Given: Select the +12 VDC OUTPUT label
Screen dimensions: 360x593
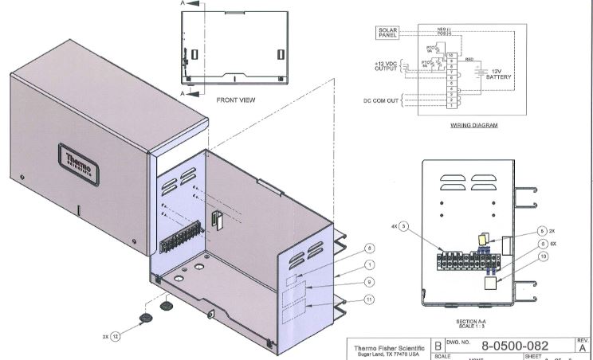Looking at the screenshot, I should (x=385, y=66).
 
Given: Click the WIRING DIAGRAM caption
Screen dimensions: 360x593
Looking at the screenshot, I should (x=473, y=125).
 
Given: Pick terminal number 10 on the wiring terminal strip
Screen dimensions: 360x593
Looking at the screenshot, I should (x=450, y=53).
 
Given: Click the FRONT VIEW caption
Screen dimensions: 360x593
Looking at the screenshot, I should (x=236, y=100).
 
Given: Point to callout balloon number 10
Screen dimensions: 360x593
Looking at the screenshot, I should (x=542, y=256).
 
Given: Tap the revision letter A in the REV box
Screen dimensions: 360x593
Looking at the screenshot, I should (x=582, y=348).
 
